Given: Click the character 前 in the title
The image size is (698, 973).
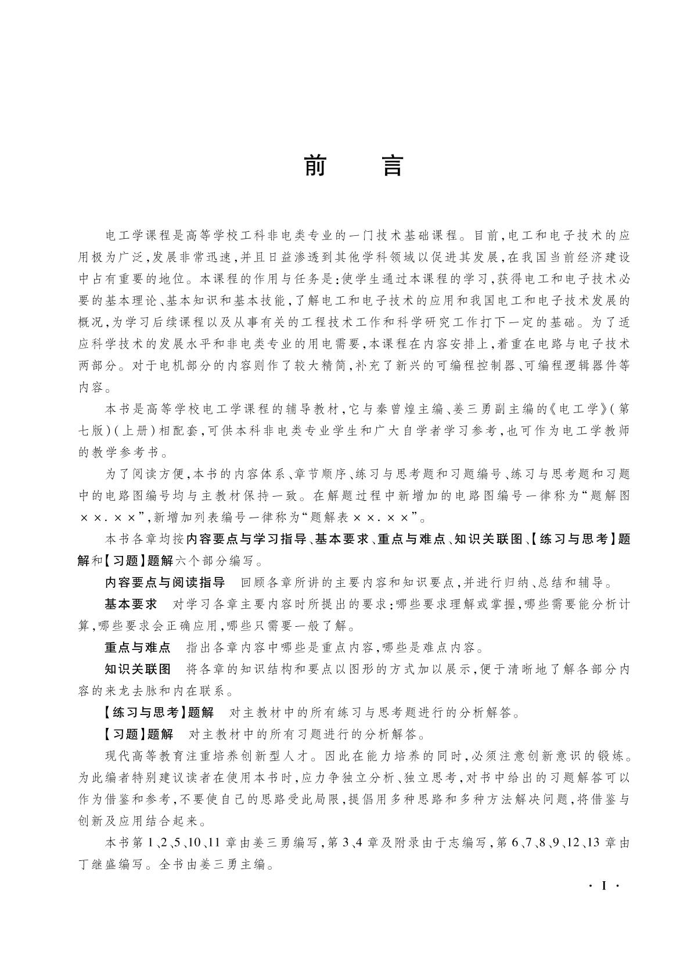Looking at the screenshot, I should click(x=316, y=167).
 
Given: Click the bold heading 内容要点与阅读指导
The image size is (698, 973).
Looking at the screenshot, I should click(x=164, y=583).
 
